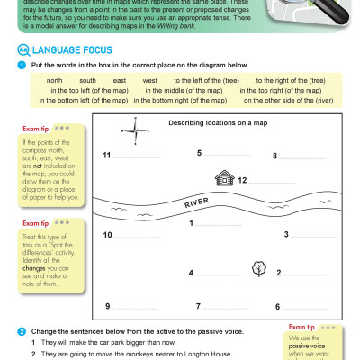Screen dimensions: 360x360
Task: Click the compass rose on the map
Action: coord(139,134)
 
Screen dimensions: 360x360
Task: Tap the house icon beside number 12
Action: coord(222,178)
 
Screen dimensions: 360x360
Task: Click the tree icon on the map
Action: coord(259,268)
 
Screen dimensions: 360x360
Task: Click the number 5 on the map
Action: coord(200,153)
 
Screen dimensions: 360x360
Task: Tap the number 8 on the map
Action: coord(274,156)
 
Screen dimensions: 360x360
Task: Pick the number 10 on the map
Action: coord(107,235)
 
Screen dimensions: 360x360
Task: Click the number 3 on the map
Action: coord(286,235)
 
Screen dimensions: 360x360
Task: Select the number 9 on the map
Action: coord(107,307)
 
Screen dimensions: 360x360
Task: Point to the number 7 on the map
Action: coord(197,307)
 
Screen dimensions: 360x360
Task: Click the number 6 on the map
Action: coord(277,307)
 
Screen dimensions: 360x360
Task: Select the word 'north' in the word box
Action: coord(54,81)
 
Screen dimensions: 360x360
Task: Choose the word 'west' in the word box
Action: coord(148,81)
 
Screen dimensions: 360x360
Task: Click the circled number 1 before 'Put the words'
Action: coord(21,66)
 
